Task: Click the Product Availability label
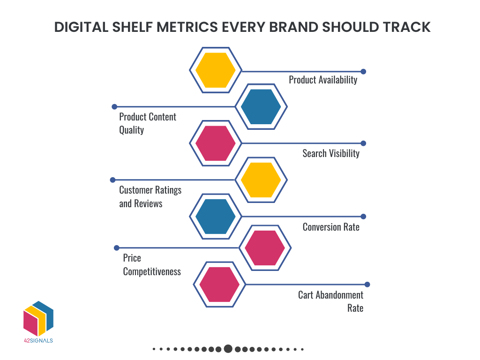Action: tap(323, 80)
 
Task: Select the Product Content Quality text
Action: tap(147, 123)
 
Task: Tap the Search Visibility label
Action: tap(331, 153)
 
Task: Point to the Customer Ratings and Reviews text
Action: tap(150, 197)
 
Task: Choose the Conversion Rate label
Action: tap(331, 227)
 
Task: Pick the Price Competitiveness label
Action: tap(151, 265)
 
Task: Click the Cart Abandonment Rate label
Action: tap(331, 301)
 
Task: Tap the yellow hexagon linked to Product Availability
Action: tap(216, 70)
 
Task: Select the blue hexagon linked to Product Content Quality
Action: tap(261, 107)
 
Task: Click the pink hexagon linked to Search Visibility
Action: tap(216, 143)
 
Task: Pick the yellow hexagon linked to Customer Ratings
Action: tap(261, 180)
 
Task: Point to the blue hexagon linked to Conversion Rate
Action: tap(216, 216)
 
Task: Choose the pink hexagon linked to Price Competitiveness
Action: tap(265, 247)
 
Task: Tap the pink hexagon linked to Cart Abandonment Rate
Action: tap(219, 284)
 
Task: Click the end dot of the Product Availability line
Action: tap(363, 72)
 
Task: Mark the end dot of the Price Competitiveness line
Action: tap(117, 247)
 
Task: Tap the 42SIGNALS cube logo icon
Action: tap(38, 319)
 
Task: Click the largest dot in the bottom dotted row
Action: tap(228, 349)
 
